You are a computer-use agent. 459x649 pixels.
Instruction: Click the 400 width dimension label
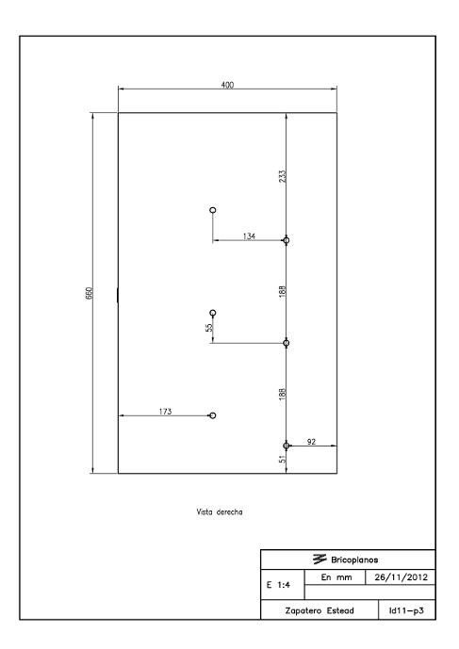coord(227,85)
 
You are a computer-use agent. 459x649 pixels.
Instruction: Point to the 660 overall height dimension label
coord(89,293)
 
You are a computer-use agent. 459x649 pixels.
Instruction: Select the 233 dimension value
coord(282,176)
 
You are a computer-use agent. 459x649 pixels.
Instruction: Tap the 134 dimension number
coord(249,235)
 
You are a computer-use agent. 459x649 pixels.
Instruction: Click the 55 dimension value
coord(209,327)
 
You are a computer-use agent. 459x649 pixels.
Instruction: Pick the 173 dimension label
coord(165,412)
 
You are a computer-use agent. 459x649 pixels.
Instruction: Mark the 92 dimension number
coord(312,442)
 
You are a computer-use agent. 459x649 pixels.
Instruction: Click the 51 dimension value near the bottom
coord(282,459)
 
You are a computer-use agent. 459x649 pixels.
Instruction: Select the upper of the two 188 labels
coord(282,291)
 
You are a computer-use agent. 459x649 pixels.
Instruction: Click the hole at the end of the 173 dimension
coord(213,415)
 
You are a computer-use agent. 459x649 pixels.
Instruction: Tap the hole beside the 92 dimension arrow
coord(287,446)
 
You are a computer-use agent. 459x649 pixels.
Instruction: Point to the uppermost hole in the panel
coord(213,210)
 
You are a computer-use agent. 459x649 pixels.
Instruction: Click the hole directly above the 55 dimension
coord(213,313)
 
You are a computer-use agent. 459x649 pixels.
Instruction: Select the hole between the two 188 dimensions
coord(287,343)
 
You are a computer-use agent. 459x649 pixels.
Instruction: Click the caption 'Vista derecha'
coord(220,512)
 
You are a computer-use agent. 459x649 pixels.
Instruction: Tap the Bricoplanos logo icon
coord(320,560)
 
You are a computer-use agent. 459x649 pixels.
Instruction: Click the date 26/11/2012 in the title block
coord(401,577)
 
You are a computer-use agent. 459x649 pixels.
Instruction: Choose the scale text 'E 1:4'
coord(278,585)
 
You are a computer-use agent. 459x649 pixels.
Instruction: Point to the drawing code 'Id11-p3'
coord(406,610)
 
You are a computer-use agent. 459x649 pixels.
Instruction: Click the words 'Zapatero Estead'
coord(320,610)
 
